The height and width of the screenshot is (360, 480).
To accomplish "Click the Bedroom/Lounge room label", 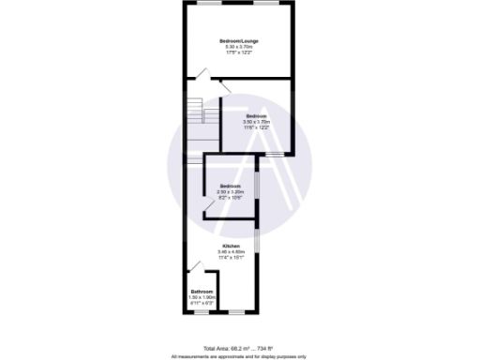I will tap(238, 40).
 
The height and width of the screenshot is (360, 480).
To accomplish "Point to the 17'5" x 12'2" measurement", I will tap(238, 52).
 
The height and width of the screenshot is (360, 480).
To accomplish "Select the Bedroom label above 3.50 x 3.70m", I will tap(257, 116).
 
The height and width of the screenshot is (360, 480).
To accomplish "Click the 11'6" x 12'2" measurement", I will tap(257, 127).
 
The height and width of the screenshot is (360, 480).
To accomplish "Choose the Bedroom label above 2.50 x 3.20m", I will tap(231, 187).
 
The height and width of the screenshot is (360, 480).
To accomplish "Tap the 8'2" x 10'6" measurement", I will tap(231, 198).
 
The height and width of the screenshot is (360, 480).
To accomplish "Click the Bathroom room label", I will tap(202, 292).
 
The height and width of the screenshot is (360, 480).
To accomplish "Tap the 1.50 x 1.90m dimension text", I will tap(202, 297).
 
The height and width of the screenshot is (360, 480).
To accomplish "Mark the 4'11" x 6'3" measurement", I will tap(202, 303).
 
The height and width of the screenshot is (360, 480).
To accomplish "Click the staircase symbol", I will tap(196, 113).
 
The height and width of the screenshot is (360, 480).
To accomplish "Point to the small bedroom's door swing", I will tap(210, 207).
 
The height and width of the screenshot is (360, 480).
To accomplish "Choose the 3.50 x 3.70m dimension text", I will tap(257, 122).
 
